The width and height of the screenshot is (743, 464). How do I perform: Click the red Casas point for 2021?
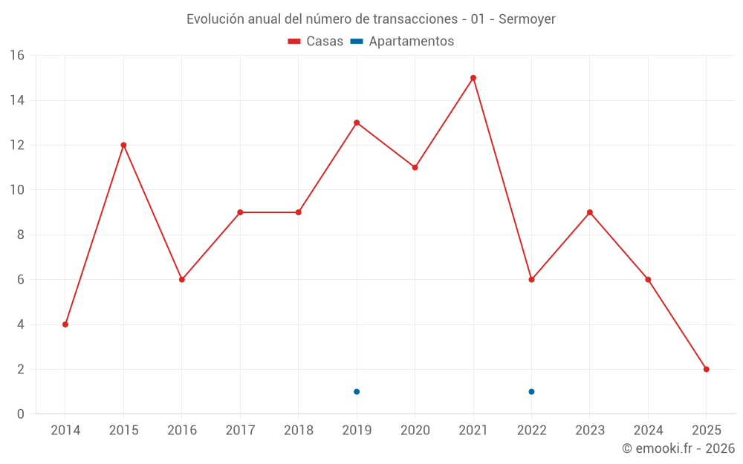(x=473, y=78)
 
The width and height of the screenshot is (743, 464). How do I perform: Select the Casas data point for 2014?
(x=65, y=324)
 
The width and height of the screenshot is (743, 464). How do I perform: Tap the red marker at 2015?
(x=123, y=145)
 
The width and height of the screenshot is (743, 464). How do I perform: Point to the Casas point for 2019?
(x=357, y=122)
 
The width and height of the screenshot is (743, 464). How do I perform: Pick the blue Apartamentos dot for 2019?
(x=357, y=391)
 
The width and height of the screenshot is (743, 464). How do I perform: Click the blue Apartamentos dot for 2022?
(x=531, y=391)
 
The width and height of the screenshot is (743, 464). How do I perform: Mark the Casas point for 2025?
(x=707, y=369)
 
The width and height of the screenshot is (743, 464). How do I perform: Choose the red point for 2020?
(x=415, y=167)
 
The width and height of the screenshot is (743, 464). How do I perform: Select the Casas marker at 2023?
(x=590, y=212)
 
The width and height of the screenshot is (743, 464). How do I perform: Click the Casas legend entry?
(x=316, y=42)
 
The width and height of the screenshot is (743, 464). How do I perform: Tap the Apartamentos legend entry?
(x=402, y=42)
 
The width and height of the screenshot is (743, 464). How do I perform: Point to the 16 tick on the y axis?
(x=16, y=56)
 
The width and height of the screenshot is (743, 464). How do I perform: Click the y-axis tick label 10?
(x=16, y=190)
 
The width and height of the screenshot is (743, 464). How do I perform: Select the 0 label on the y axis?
(x=20, y=414)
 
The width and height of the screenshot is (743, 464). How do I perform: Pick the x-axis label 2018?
(x=298, y=431)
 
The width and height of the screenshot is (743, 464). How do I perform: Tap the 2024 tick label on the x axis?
(x=648, y=431)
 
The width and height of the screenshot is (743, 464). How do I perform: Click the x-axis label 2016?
(x=181, y=431)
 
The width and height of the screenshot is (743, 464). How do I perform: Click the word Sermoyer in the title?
(x=527, y=19)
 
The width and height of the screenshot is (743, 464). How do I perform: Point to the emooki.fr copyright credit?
(x=678, y=448)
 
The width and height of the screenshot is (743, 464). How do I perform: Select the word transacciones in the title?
(x=415, y=19)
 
